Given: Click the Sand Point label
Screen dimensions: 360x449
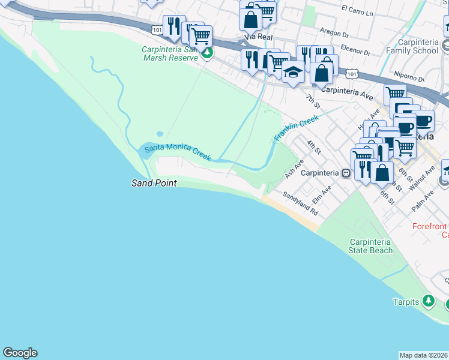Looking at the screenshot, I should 154,183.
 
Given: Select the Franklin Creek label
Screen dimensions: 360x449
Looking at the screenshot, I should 296,128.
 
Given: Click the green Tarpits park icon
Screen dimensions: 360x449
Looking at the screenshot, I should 428,301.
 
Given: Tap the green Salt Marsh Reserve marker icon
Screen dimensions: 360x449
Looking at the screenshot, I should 207,53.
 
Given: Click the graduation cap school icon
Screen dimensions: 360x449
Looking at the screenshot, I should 292,73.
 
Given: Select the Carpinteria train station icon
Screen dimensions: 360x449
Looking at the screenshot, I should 346,173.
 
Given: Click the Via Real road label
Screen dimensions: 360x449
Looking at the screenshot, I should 258,37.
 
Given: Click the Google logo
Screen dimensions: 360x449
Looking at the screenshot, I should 20,353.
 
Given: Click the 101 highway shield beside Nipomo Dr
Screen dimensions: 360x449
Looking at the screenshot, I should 352,74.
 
